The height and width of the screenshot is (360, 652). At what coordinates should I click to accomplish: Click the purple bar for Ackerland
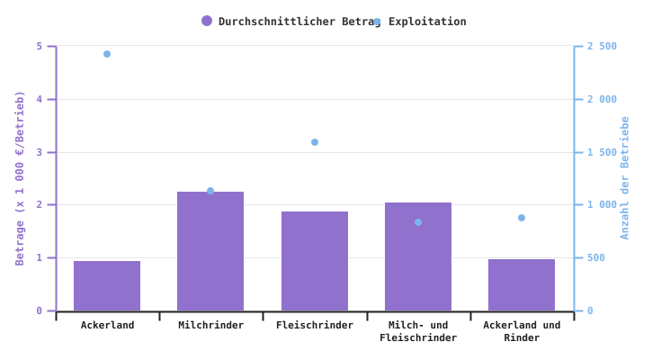tap(107, 285)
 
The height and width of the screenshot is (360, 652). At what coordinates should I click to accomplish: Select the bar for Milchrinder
tap(210, 251)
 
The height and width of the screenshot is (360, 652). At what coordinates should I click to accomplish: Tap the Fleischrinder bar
tap(315, 261)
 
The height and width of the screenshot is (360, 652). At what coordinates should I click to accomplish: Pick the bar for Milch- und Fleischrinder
tap(418, 256)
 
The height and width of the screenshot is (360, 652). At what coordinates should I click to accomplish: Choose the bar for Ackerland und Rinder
tap(522, 284)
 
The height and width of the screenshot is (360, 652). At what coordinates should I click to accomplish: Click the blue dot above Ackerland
tap(107, 54)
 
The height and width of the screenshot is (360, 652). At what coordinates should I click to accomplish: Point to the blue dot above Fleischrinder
tap(315, 142)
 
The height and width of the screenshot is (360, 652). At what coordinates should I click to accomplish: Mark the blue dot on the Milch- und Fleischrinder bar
tap(418, 222)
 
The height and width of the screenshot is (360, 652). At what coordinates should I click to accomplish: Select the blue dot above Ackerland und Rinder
tap(522, 218)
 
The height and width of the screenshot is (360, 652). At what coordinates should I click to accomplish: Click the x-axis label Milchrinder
tap(210, 326)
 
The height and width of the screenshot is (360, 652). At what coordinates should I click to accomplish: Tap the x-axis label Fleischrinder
tap(315, 326)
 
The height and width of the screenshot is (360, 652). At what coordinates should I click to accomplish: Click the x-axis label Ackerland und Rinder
tap(522, 331)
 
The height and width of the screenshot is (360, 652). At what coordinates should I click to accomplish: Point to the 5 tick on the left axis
tap(40, 46)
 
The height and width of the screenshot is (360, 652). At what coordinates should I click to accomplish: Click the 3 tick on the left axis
tap(40, 152)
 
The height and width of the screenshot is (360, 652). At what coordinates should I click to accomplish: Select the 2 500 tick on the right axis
tap(602, 46)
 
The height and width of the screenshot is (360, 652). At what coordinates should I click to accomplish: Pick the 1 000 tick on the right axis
tap(602, 205)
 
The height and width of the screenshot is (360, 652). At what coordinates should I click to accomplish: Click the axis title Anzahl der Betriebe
tap(625, 177)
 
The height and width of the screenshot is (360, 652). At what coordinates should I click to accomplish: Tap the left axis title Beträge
tap(20, 177)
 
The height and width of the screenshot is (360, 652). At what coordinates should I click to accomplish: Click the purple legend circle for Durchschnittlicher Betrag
tap(207, 21)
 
